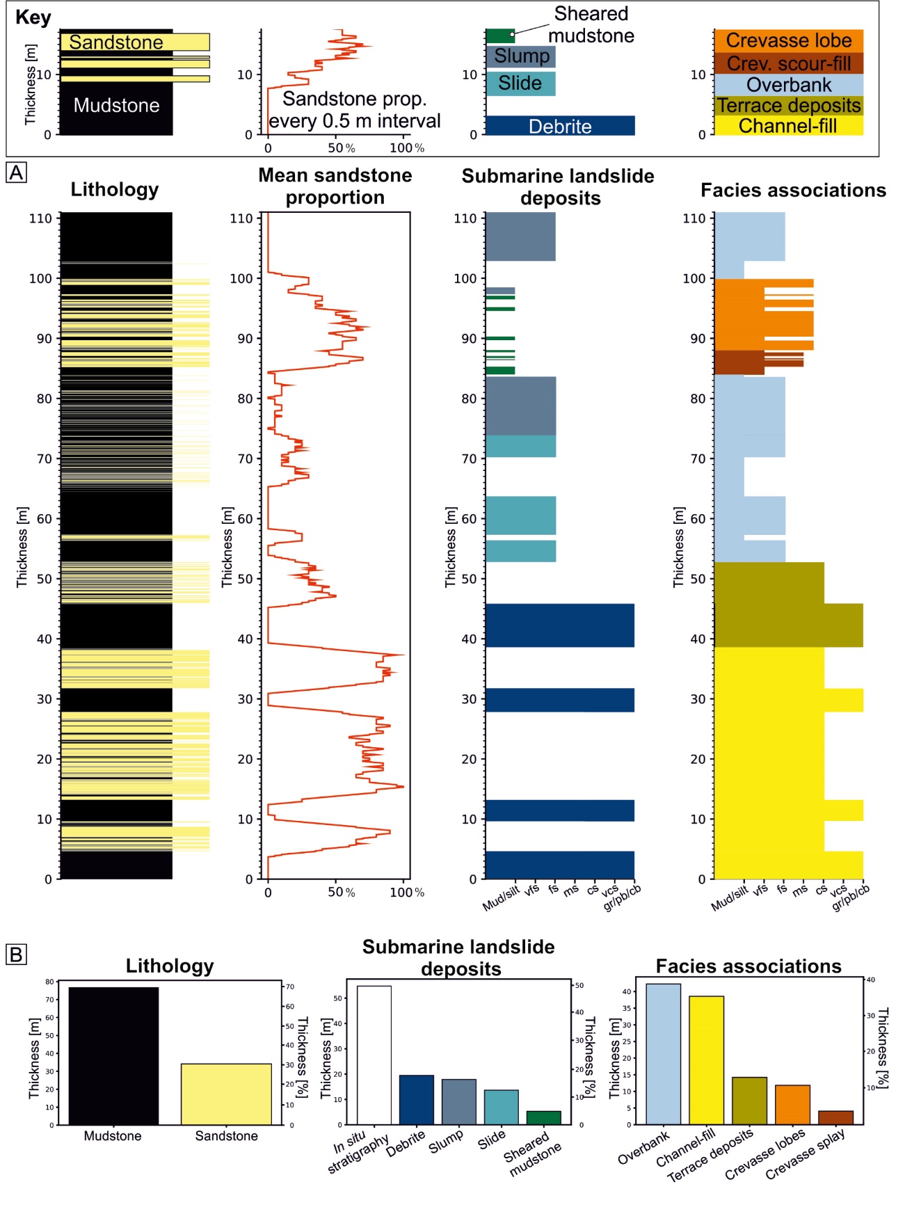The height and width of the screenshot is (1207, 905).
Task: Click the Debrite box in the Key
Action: [560, 126]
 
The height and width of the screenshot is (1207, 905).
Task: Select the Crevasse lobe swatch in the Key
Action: [788, 41]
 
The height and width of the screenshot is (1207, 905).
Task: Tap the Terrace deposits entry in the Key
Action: [788, 106]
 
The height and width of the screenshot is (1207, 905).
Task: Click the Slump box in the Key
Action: [521, 56]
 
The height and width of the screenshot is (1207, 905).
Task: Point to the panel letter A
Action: [17, 173]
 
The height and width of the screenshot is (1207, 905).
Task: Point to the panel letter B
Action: [16, 954]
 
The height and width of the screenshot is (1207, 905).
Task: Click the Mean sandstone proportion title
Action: [335, 186]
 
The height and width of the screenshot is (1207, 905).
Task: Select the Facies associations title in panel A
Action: [793, 191]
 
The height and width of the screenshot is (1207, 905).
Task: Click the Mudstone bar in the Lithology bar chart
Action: [113, 1055]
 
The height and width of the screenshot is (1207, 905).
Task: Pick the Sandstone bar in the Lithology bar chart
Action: [226, 1094]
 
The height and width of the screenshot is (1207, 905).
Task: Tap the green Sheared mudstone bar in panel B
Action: [543, 1117]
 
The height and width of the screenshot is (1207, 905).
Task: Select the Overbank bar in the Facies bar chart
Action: [663, 1053]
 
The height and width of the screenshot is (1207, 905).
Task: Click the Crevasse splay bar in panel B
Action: [835, 1117]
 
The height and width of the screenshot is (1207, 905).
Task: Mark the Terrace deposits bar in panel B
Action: [749, 1101]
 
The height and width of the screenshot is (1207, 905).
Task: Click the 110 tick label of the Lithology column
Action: [40, 218]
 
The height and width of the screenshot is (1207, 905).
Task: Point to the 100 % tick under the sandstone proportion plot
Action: [406, 893]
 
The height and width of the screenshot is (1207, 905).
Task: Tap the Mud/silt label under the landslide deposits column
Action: [501, 899]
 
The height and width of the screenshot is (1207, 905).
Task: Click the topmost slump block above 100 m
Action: [520, 237]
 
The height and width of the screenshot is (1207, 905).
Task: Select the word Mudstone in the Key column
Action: [116, 106]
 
